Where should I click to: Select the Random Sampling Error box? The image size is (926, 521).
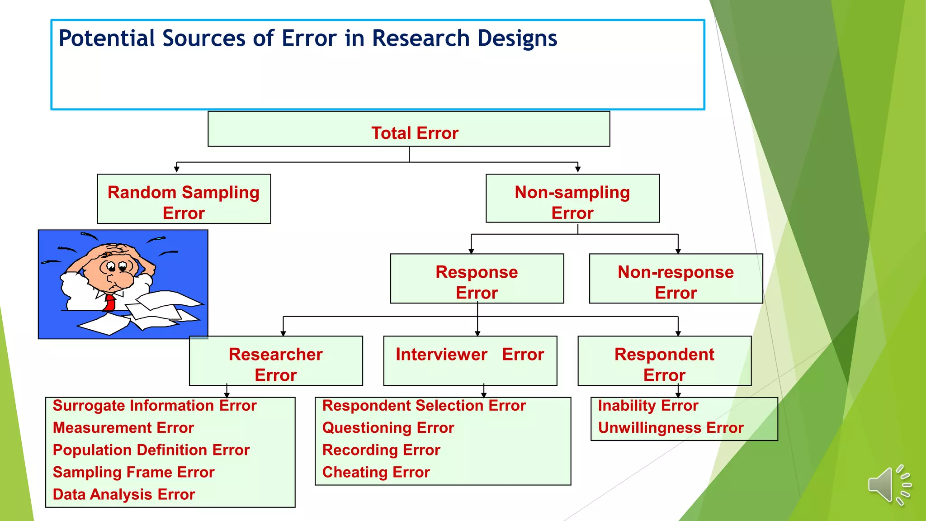coord(184,199)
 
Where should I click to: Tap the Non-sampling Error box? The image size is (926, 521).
coord(572,199)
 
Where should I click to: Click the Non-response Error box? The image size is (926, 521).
coord(676,279)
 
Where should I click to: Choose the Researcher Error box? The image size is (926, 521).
coord(275,361)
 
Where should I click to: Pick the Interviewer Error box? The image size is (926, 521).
coord(470,360)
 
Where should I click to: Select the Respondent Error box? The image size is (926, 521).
coord(664,361)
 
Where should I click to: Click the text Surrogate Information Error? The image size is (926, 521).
coord(155,406)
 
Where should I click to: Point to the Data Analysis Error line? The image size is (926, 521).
coord(124,494)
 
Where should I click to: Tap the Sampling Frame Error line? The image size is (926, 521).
coord(133,472)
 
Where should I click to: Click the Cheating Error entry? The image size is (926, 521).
coord(376,472)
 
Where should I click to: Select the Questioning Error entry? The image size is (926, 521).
coord(388,428)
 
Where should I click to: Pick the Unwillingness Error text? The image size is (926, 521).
coord(671,428)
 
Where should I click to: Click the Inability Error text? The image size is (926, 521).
coord(648,406)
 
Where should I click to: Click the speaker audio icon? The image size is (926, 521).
coord(888,485)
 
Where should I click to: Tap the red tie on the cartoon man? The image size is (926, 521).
coord(110,302)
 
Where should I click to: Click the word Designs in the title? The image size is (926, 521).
coord(517,38)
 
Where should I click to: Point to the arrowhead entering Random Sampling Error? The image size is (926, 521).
coord(177,170)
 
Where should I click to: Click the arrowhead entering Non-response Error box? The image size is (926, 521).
coord(678,251)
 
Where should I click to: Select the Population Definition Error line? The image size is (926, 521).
coord(151,450)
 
